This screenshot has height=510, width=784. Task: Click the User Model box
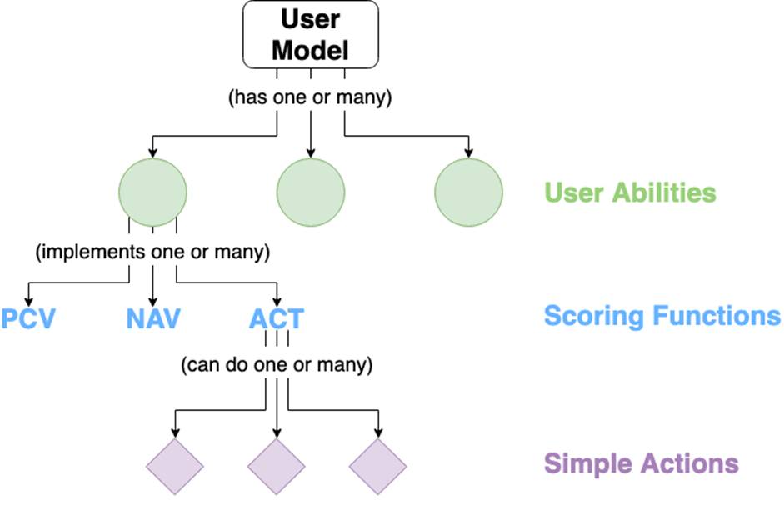click(x=311, y=34)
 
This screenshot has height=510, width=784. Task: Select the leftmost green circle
click(x=152, y=192)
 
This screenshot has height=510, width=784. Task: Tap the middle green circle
click(x=311, y=192)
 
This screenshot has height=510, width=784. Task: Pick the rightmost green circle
click(x=468, y=192)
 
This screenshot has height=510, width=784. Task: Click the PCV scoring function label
click(x=28, y=318)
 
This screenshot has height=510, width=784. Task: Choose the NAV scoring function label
click(x=153, y=318)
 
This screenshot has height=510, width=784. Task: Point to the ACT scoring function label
click(x=277, y=318)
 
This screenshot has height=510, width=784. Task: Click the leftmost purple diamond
click(x=175, y=467)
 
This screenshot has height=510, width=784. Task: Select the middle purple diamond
click(x=277, y=467)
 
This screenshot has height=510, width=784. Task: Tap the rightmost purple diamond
click(x=378, y=467)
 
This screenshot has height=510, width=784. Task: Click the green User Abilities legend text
click(x=630, y=192)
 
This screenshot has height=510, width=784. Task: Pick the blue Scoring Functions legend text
click(x=662, y=316)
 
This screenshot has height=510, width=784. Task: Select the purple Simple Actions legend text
click(x=641, y=463)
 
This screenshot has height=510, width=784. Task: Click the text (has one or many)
click(x=310, y=97)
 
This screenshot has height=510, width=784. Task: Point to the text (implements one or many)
click(x=152, y=252)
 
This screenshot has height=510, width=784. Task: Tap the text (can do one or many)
click(x=277, y=364)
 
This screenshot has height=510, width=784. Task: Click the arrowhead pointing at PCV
click(x=28, y=302)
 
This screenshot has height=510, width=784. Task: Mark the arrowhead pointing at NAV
click(x=153, y=302)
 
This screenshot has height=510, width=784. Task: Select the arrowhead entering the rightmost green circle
click(x=468, y=153)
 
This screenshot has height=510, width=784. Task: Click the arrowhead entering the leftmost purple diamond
click(x=175, y=433)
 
